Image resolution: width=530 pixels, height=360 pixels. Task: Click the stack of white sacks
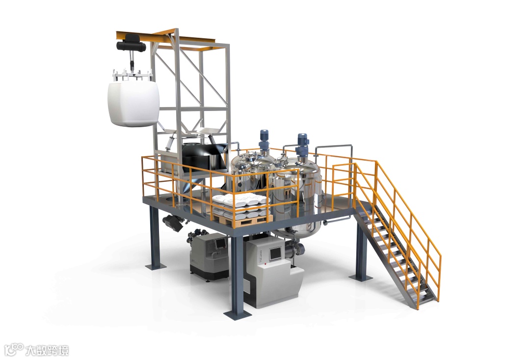click(x=239, y=206)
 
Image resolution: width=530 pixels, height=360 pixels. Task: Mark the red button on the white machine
click(x=266, y=263)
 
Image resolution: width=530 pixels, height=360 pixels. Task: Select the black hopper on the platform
click(x=203, y=156)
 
